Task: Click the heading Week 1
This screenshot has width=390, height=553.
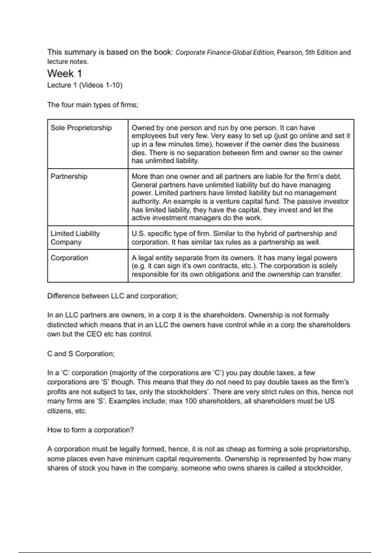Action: coord(64,74)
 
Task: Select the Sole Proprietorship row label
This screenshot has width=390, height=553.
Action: coord(81,128)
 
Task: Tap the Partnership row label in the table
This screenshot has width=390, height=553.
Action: coord(69,177)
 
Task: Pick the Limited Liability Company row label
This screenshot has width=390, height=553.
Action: coord(75,238)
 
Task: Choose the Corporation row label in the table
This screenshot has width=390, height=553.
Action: coord(69,258)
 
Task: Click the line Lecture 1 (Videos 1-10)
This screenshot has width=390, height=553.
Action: coord(84,85)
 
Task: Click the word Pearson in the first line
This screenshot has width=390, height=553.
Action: coord(289,52)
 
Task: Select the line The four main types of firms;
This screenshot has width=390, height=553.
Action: coord(93,105)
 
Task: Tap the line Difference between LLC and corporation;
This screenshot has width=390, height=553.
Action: coord(112,296)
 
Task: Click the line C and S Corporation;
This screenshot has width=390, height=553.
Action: coord(81,354)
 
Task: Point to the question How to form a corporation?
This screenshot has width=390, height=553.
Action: coord(90,430)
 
